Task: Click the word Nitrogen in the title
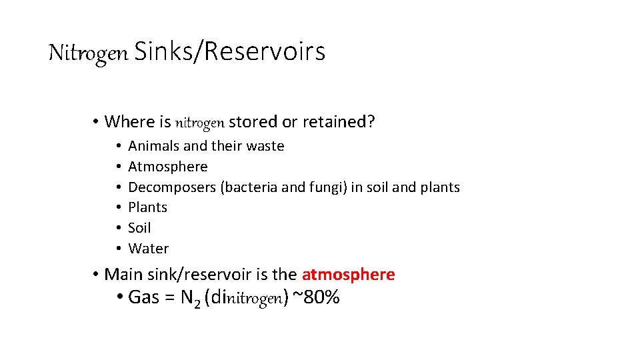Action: click(x=88, y=53)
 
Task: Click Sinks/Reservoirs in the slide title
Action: click(x=229, y=51)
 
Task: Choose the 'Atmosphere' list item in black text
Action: click(x=167, y=167)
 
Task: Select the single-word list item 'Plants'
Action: click(x=147, y=207)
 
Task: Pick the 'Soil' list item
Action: click(x=139, y=228)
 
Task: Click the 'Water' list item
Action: click(x=148, y=249)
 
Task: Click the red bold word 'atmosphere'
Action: click(x=348, y=275)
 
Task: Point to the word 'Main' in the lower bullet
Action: click(x=123, y=275)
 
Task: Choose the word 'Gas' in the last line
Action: click(x=143, y=297)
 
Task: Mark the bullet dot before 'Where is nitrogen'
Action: click(x=96, y=122)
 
